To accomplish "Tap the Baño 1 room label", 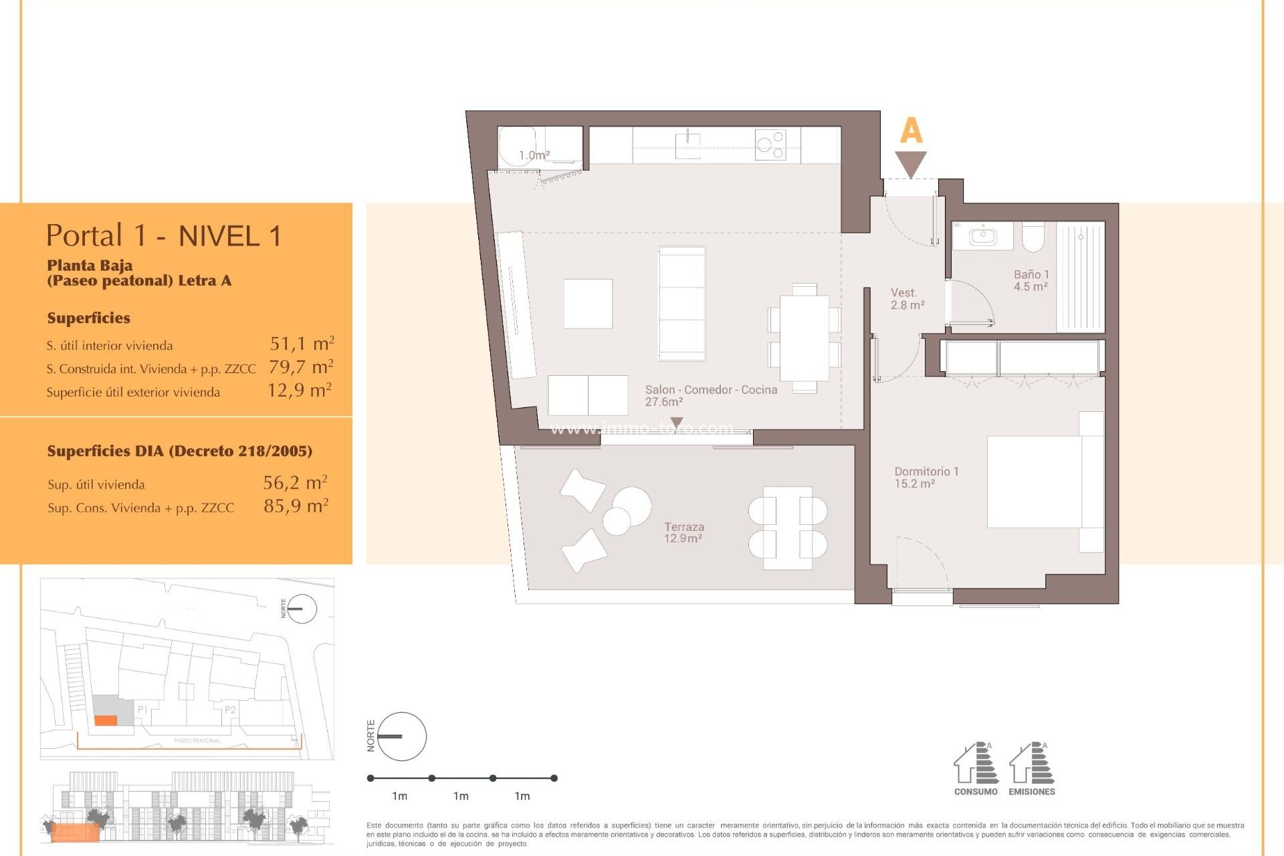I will click(1031, 280).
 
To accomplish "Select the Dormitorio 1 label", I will click(926, 477).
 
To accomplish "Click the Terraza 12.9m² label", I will click(683, 532).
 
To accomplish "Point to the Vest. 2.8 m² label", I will click(907, 299).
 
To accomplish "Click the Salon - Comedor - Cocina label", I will click(710, 395).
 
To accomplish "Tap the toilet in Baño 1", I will click(1033, 237).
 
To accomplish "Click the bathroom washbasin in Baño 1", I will click(983, 236).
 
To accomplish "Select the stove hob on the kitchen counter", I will click(770, 144).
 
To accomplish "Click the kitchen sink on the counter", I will click(687, 144).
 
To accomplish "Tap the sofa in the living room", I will click(681, 303).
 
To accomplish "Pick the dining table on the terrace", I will click(788, 528).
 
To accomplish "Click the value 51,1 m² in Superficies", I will click(302, 344).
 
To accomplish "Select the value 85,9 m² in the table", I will click(296, 506).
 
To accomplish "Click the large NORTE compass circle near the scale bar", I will click(402, 736).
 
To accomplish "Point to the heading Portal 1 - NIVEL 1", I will click(164, 235).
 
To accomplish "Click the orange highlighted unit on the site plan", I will click(106, 720).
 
